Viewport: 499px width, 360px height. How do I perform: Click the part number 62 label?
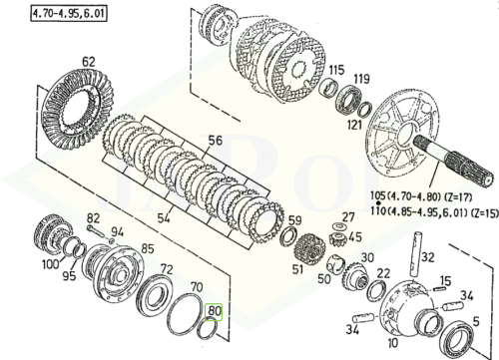[89, 63]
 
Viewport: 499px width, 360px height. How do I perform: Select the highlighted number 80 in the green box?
[215, 310]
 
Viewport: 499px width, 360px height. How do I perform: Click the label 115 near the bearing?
[337, 70]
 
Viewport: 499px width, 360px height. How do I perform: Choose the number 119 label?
[361, 79]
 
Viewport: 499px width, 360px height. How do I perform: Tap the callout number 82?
[93, 217]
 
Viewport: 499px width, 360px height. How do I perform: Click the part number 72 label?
[168, 270]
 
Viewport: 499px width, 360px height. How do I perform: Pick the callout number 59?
[294, 220]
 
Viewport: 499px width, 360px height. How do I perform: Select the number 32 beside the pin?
[428, 257]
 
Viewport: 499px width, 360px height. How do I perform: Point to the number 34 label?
[353, 329]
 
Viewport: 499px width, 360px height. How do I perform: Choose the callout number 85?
[147, 248]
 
